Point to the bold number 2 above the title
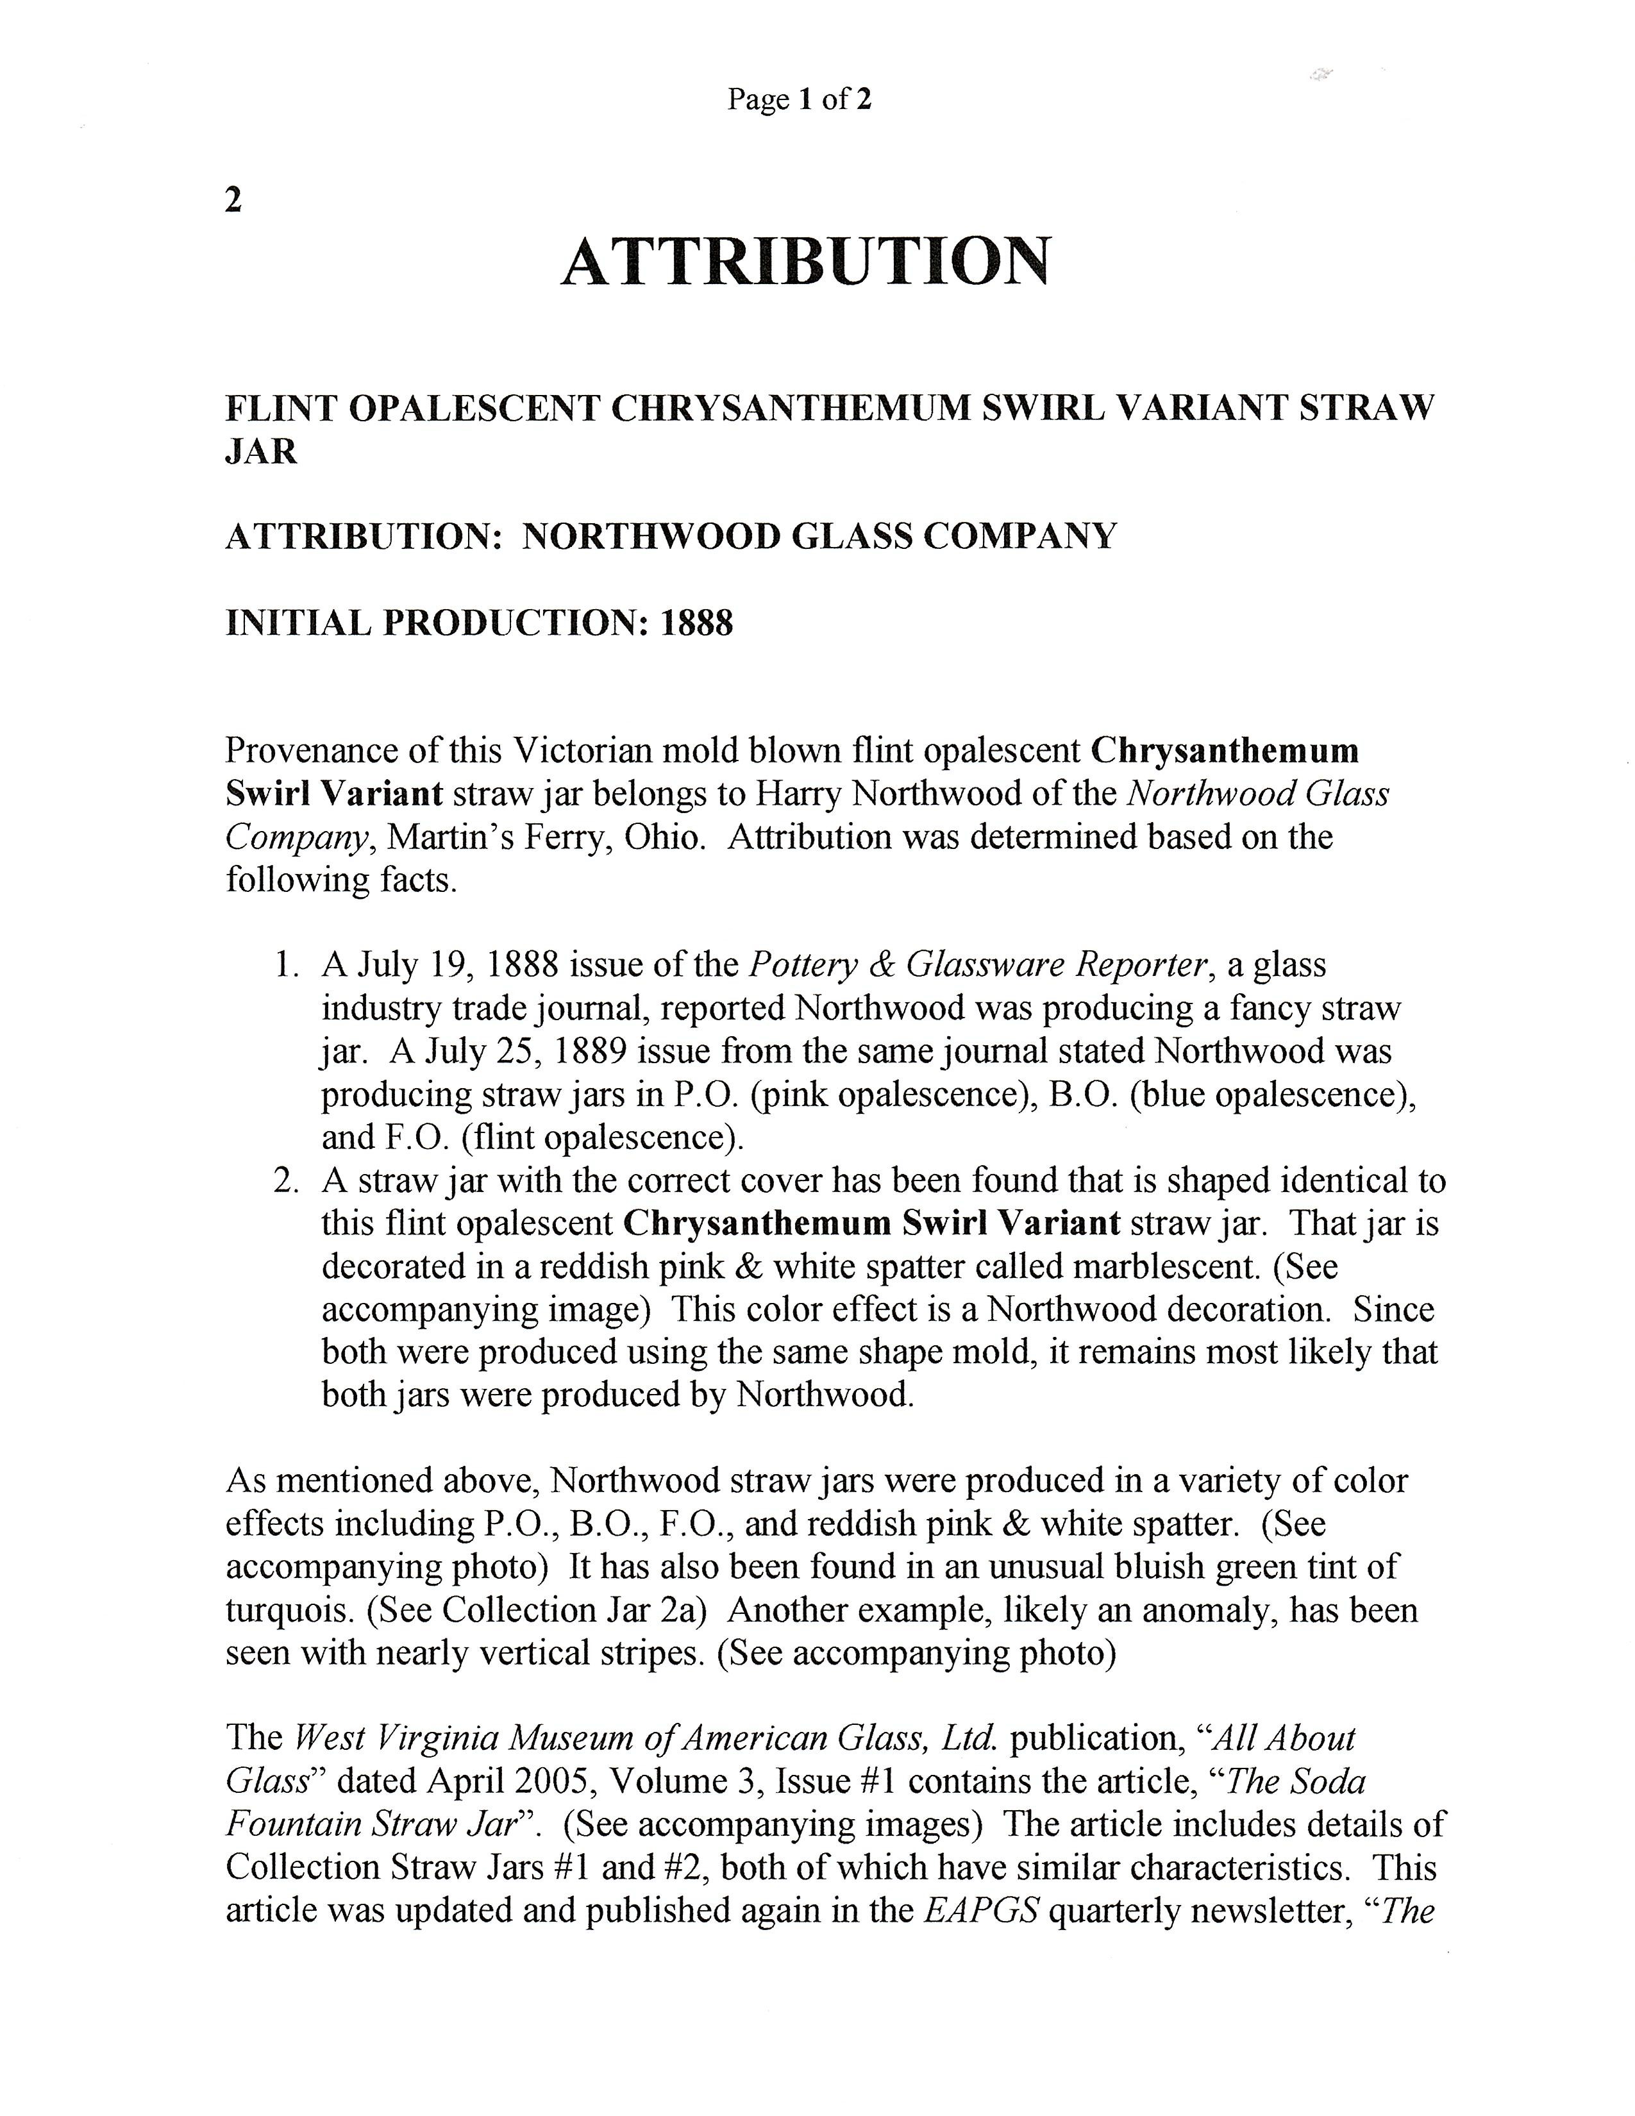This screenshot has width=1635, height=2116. (x=233, y=201)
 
